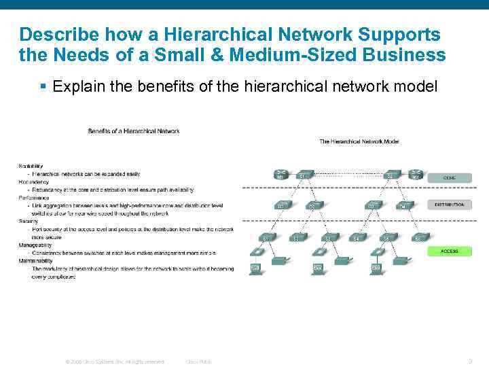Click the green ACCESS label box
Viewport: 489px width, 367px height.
(449, 251)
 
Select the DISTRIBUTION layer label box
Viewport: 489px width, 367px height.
(449, 204)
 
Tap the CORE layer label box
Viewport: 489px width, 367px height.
(449, 177)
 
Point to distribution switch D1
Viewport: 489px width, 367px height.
(280, 204)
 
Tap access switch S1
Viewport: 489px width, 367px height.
(267, 237)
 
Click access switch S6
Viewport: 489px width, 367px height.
(419, 237)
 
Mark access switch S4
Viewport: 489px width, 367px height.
(356, 237)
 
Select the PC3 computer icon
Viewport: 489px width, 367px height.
(376, 267)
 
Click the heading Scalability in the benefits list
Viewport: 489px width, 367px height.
(31, 166)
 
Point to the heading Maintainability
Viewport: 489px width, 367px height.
(36, 260)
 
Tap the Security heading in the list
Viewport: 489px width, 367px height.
(29, 221)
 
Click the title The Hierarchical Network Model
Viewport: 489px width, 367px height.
(359, 141)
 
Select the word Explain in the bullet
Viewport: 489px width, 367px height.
(76, 86)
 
